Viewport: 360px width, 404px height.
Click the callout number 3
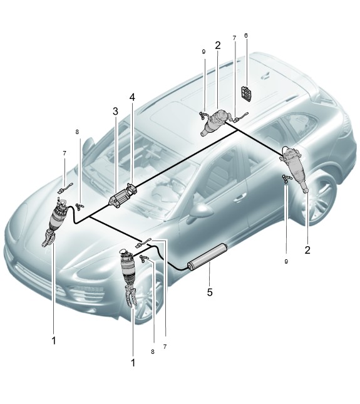(115, 111)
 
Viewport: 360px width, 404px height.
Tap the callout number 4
(132, 97)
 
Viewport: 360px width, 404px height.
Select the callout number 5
(210, 292)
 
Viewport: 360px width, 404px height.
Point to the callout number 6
(246, 35)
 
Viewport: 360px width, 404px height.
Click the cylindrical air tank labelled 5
(207, 257)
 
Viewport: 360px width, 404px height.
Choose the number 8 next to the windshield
(77, 132)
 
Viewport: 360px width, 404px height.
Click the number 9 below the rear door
(286, 262)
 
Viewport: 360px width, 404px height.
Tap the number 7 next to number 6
(234, 38)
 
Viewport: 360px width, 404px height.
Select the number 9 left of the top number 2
(203, 52)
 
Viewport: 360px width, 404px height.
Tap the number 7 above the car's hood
(64, 153)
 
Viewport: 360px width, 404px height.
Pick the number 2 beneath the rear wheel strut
(307, 250)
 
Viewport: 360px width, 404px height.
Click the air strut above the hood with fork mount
(54, 222)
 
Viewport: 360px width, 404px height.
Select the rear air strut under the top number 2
(213, 122)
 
